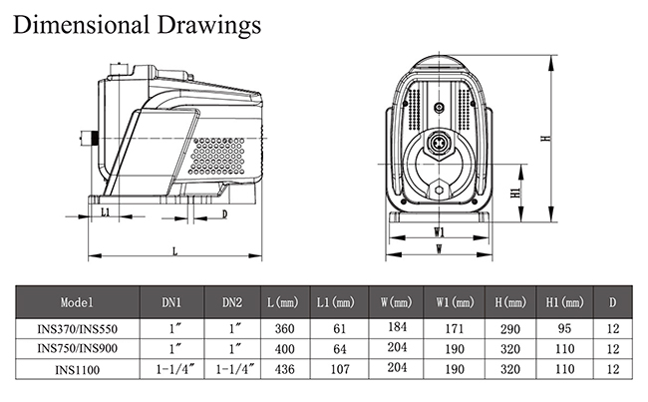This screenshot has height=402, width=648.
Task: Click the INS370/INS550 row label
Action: click(78, 329)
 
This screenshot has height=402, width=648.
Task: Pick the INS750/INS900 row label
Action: click(78, 349)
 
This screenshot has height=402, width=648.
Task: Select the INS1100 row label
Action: click(78, 370)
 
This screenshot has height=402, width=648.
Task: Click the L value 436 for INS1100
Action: click(284, 370)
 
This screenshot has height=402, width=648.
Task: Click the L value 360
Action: click(284, 329)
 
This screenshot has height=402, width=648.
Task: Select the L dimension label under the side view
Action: click(174, 250)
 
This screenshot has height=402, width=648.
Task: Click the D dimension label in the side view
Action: click(223, 213)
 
